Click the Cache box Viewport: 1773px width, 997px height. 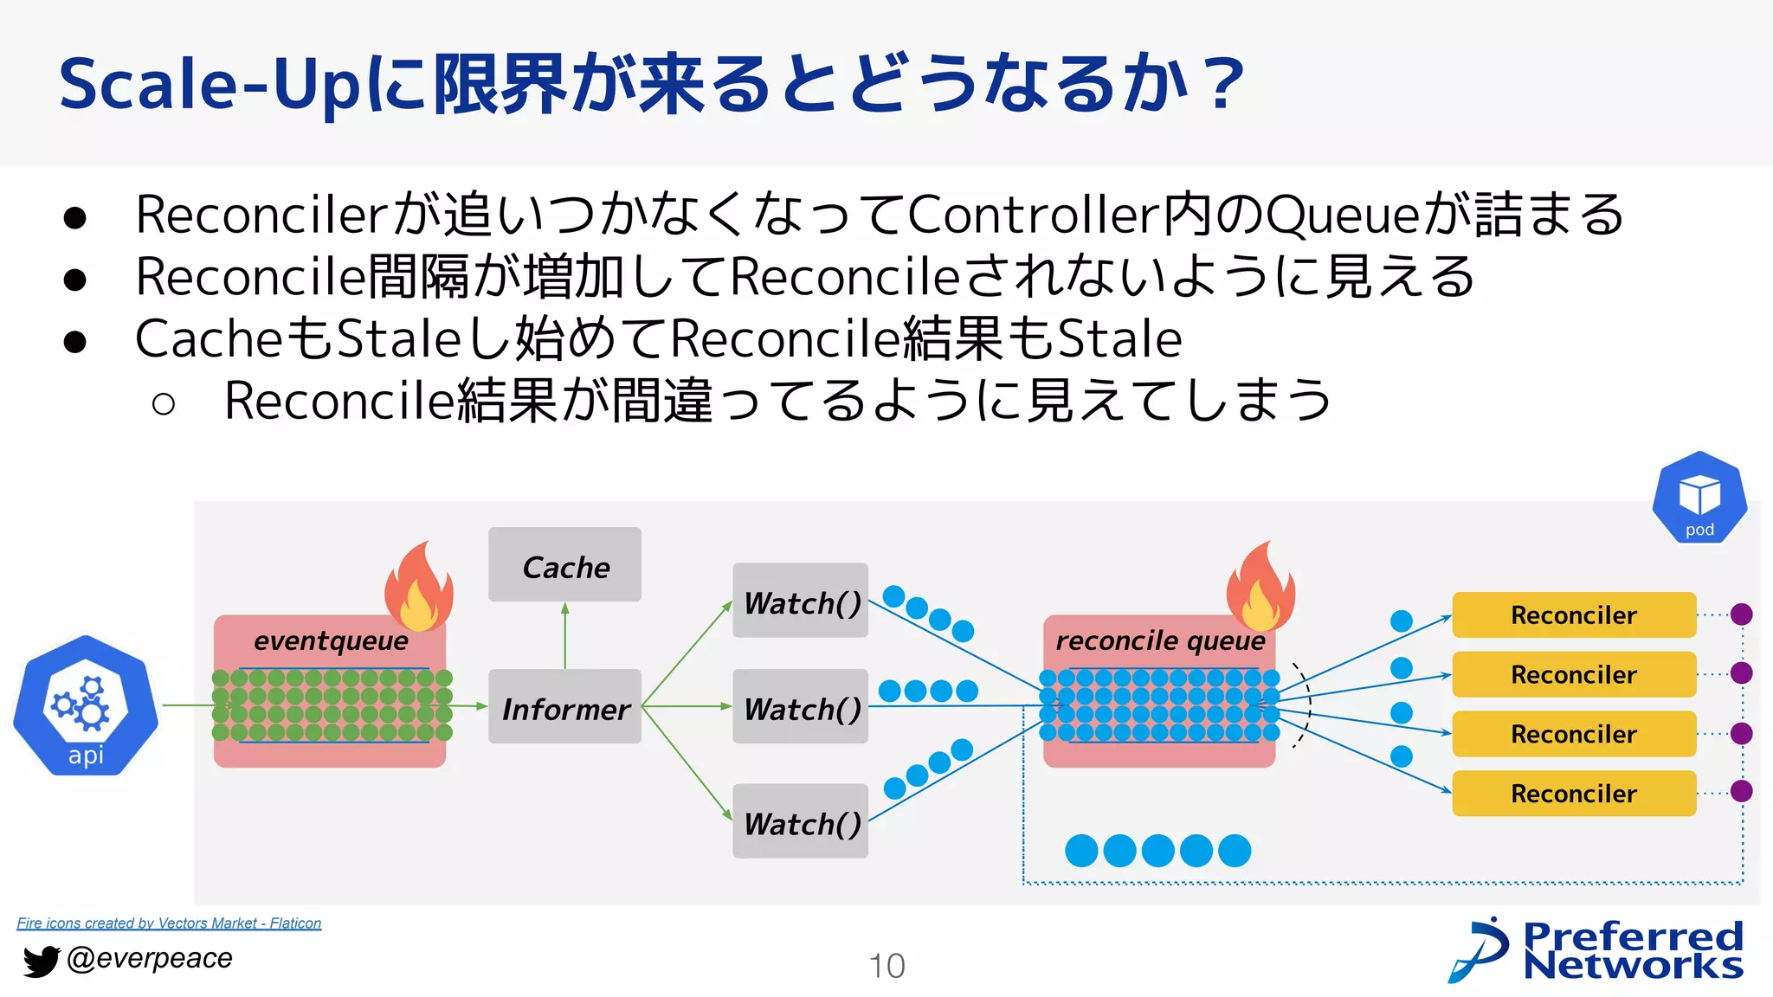(564, 564)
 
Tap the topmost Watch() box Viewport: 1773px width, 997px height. (800, 601)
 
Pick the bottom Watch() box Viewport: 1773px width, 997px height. (800, 821)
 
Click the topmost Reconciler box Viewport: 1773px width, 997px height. (1573, 614)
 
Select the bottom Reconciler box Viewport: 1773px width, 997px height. (1573, 793)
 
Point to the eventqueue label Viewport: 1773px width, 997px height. (331, 640)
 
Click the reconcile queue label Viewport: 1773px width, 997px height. (1159, 640)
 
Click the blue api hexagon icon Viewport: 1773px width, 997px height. (86, 706)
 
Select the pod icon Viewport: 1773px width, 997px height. (1699, 498)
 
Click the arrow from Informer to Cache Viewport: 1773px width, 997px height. (565, 635)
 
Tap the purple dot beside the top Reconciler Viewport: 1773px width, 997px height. (1741, 614)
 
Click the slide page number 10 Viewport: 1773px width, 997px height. (886, 966)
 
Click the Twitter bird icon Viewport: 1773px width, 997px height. (40, 961)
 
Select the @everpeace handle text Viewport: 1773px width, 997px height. (150, 958)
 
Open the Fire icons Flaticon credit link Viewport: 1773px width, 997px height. (169, 923)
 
